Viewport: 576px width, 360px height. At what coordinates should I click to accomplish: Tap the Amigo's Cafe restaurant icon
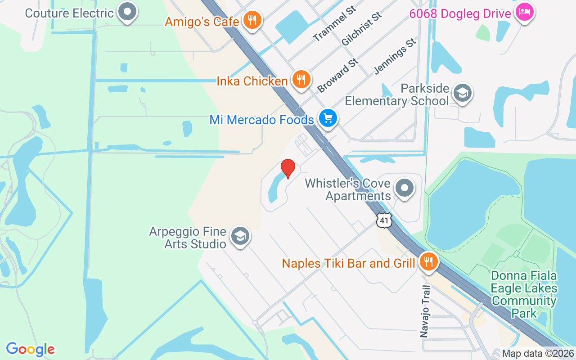click(252, 20)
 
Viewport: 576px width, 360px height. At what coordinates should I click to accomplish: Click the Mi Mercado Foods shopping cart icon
click(328, 118)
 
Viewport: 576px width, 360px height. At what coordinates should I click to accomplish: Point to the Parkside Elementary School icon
click(463, 94)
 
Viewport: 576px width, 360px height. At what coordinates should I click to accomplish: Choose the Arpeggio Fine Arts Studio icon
click(240, 236)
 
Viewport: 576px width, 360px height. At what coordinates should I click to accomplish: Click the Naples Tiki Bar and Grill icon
click(428, 261)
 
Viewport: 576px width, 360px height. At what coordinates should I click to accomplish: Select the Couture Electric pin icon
click(127, 12)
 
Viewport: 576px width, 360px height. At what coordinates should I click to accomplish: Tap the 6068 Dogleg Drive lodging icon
click(524, 12)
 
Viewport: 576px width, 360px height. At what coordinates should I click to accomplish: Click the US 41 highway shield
click(384, 220)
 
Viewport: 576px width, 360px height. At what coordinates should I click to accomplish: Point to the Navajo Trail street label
click(425, 311)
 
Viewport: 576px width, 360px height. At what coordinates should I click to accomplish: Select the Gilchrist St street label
click(361, 29)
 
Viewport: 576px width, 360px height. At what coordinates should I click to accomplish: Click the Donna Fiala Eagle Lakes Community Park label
click(524, 294)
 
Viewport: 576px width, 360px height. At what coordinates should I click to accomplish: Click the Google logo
click(30, 349)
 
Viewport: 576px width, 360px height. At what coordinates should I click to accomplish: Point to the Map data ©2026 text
click(538, 354)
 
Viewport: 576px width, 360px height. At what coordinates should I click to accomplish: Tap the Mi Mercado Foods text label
click(261, 120)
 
